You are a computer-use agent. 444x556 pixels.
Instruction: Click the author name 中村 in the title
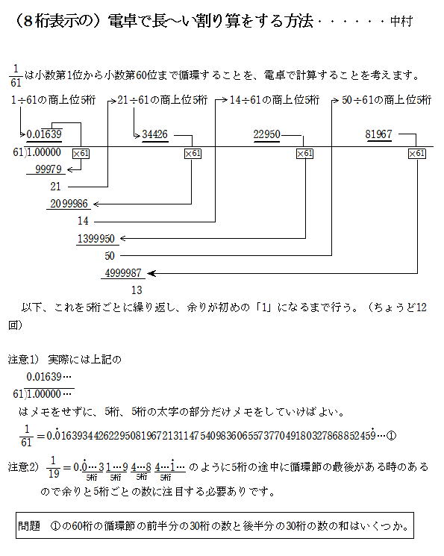click(401, 22)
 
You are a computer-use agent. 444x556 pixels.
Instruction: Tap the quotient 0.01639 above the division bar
click(44, 134)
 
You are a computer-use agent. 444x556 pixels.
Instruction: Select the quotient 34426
click(155, 134)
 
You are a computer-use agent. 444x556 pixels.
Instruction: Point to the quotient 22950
click(266, 134)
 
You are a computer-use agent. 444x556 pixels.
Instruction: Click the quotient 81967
click(379, 134)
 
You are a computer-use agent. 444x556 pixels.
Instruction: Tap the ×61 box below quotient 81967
click(416, 154)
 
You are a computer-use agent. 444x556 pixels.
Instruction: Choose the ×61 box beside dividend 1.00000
click(81, 154)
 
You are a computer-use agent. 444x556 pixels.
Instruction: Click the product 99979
click(49, 169)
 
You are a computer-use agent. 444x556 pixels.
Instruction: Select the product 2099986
click(69, 204)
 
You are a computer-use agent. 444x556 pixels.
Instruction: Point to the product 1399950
click(96, 238)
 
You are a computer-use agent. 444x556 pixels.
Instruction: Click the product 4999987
click(123, 273)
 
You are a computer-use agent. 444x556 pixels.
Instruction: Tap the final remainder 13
click(137, 290)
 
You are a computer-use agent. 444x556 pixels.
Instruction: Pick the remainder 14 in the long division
click(83, 221)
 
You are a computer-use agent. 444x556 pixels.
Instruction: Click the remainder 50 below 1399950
click(110, 256)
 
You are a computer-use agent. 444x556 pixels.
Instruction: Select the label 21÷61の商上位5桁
click(163, 100)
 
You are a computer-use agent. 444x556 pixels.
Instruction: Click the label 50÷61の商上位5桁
click(387, 100)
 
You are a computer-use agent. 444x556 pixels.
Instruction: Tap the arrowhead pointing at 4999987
click(151, 273)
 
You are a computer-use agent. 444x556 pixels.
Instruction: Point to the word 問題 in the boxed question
click(29, 526)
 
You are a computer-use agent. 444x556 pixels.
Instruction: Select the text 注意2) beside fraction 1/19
click(23, 466)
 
